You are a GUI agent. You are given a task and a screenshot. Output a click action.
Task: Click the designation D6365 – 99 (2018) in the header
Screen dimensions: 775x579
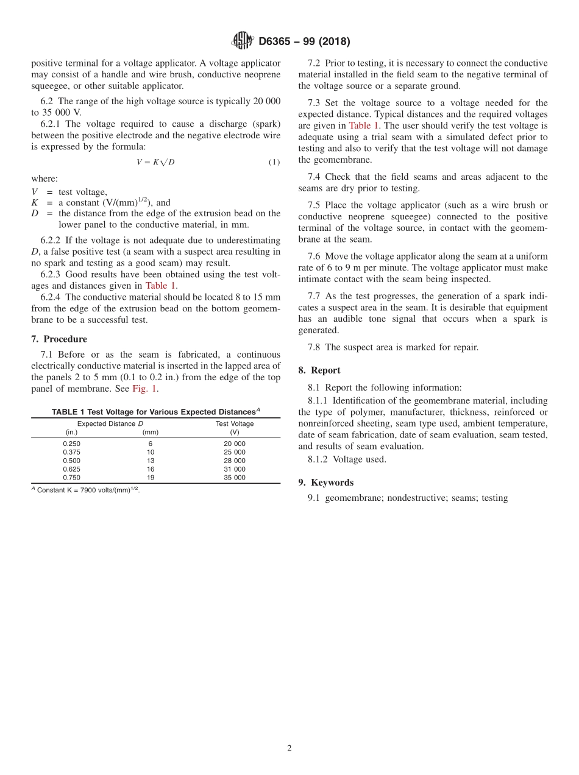coord(304,42)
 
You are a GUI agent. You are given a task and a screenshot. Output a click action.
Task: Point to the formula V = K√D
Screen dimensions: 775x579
coord(155,162)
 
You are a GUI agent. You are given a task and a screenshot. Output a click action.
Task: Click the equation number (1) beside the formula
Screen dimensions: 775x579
coord(274,162)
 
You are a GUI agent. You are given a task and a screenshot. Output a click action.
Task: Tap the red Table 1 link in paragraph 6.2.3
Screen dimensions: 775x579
coord(160,285)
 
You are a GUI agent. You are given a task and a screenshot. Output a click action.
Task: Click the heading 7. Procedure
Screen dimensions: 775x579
coord(59,339)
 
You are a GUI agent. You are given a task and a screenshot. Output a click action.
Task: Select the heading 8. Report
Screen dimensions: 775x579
coord(319,370)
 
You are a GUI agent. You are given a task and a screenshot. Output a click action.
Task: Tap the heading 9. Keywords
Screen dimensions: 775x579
coord(325,483)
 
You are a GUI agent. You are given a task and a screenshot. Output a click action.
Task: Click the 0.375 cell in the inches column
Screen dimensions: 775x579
coord(71,452)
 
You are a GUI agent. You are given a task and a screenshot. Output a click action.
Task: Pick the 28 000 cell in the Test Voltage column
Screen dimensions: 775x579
coord(235,461)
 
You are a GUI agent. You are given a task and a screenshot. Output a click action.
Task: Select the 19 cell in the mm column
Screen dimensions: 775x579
coord(151,478)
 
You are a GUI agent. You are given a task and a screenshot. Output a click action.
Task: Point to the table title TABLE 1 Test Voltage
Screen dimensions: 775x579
coord(155,412)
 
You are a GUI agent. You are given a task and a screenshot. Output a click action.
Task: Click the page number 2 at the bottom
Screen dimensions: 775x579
coord(289,749)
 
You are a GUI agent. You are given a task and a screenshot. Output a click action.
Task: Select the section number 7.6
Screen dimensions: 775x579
coord(315,257)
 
